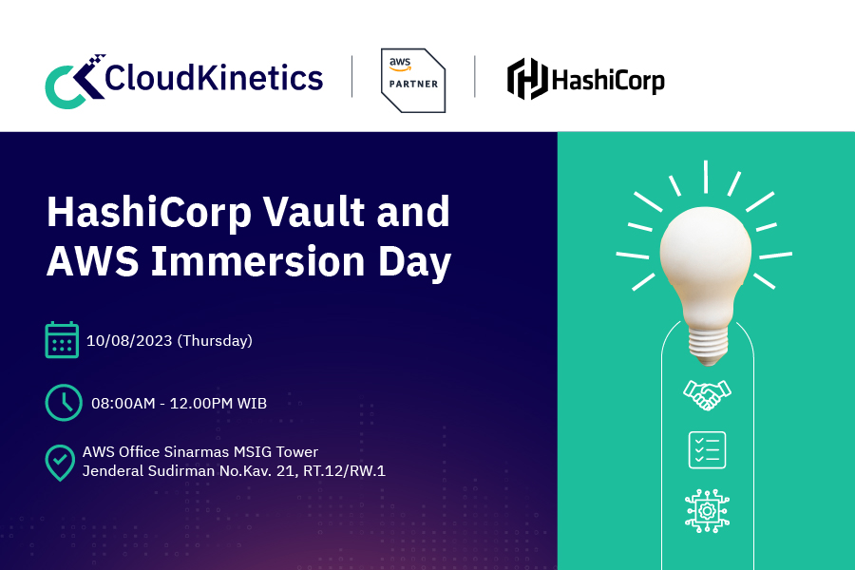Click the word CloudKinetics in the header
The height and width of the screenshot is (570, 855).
(x=214, y=77)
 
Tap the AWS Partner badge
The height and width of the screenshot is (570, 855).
(x=413, y=80)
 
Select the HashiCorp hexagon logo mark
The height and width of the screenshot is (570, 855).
(x=527, y=79)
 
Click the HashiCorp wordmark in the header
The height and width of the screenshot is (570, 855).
(x=609, y=79)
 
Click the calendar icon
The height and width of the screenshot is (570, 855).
(x=62, y=340)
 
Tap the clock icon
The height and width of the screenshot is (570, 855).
(x=63, y=402)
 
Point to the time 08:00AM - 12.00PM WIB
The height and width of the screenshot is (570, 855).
(x=179, y=403)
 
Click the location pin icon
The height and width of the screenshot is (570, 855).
(x=61, y=462)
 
